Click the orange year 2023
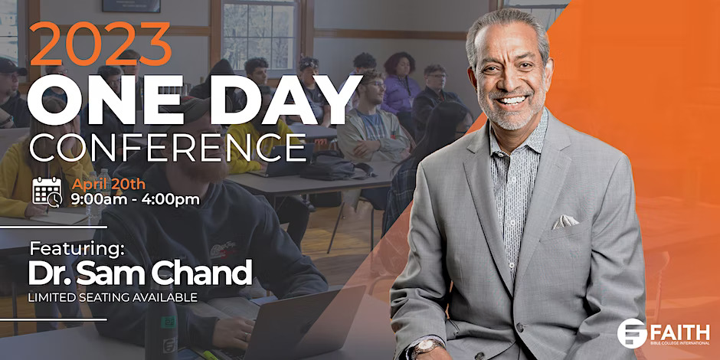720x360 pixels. (100, 44)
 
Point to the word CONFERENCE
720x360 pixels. (167, 147)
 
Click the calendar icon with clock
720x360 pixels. (47, 191)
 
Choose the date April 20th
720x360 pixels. (108, 184)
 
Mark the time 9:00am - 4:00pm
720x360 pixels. (136, 200)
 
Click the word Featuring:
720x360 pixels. (77, 249)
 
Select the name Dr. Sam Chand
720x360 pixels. (140, 273)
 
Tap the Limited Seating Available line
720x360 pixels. (113, 297)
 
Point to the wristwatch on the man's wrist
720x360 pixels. (427, 348)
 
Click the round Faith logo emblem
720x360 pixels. (632, 333)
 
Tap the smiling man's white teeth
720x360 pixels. (512, 100)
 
